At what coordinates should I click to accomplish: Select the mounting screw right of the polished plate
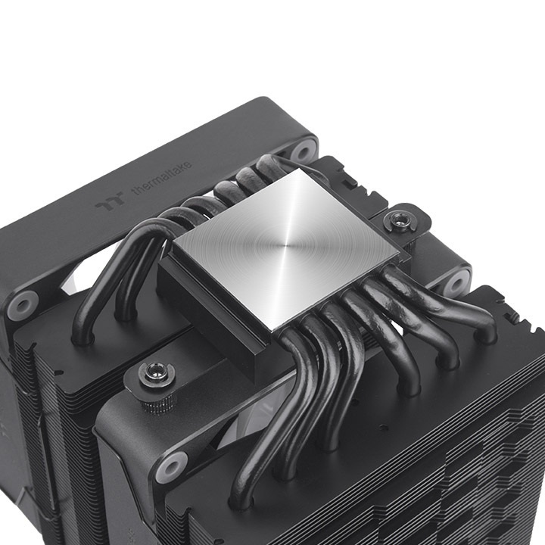pyautogui.click(x=394, y=222)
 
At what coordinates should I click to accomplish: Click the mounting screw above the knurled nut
pyautogui.click(x=157, y=372)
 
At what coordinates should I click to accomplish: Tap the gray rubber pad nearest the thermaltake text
pyautogui.click(x=303, y=149)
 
